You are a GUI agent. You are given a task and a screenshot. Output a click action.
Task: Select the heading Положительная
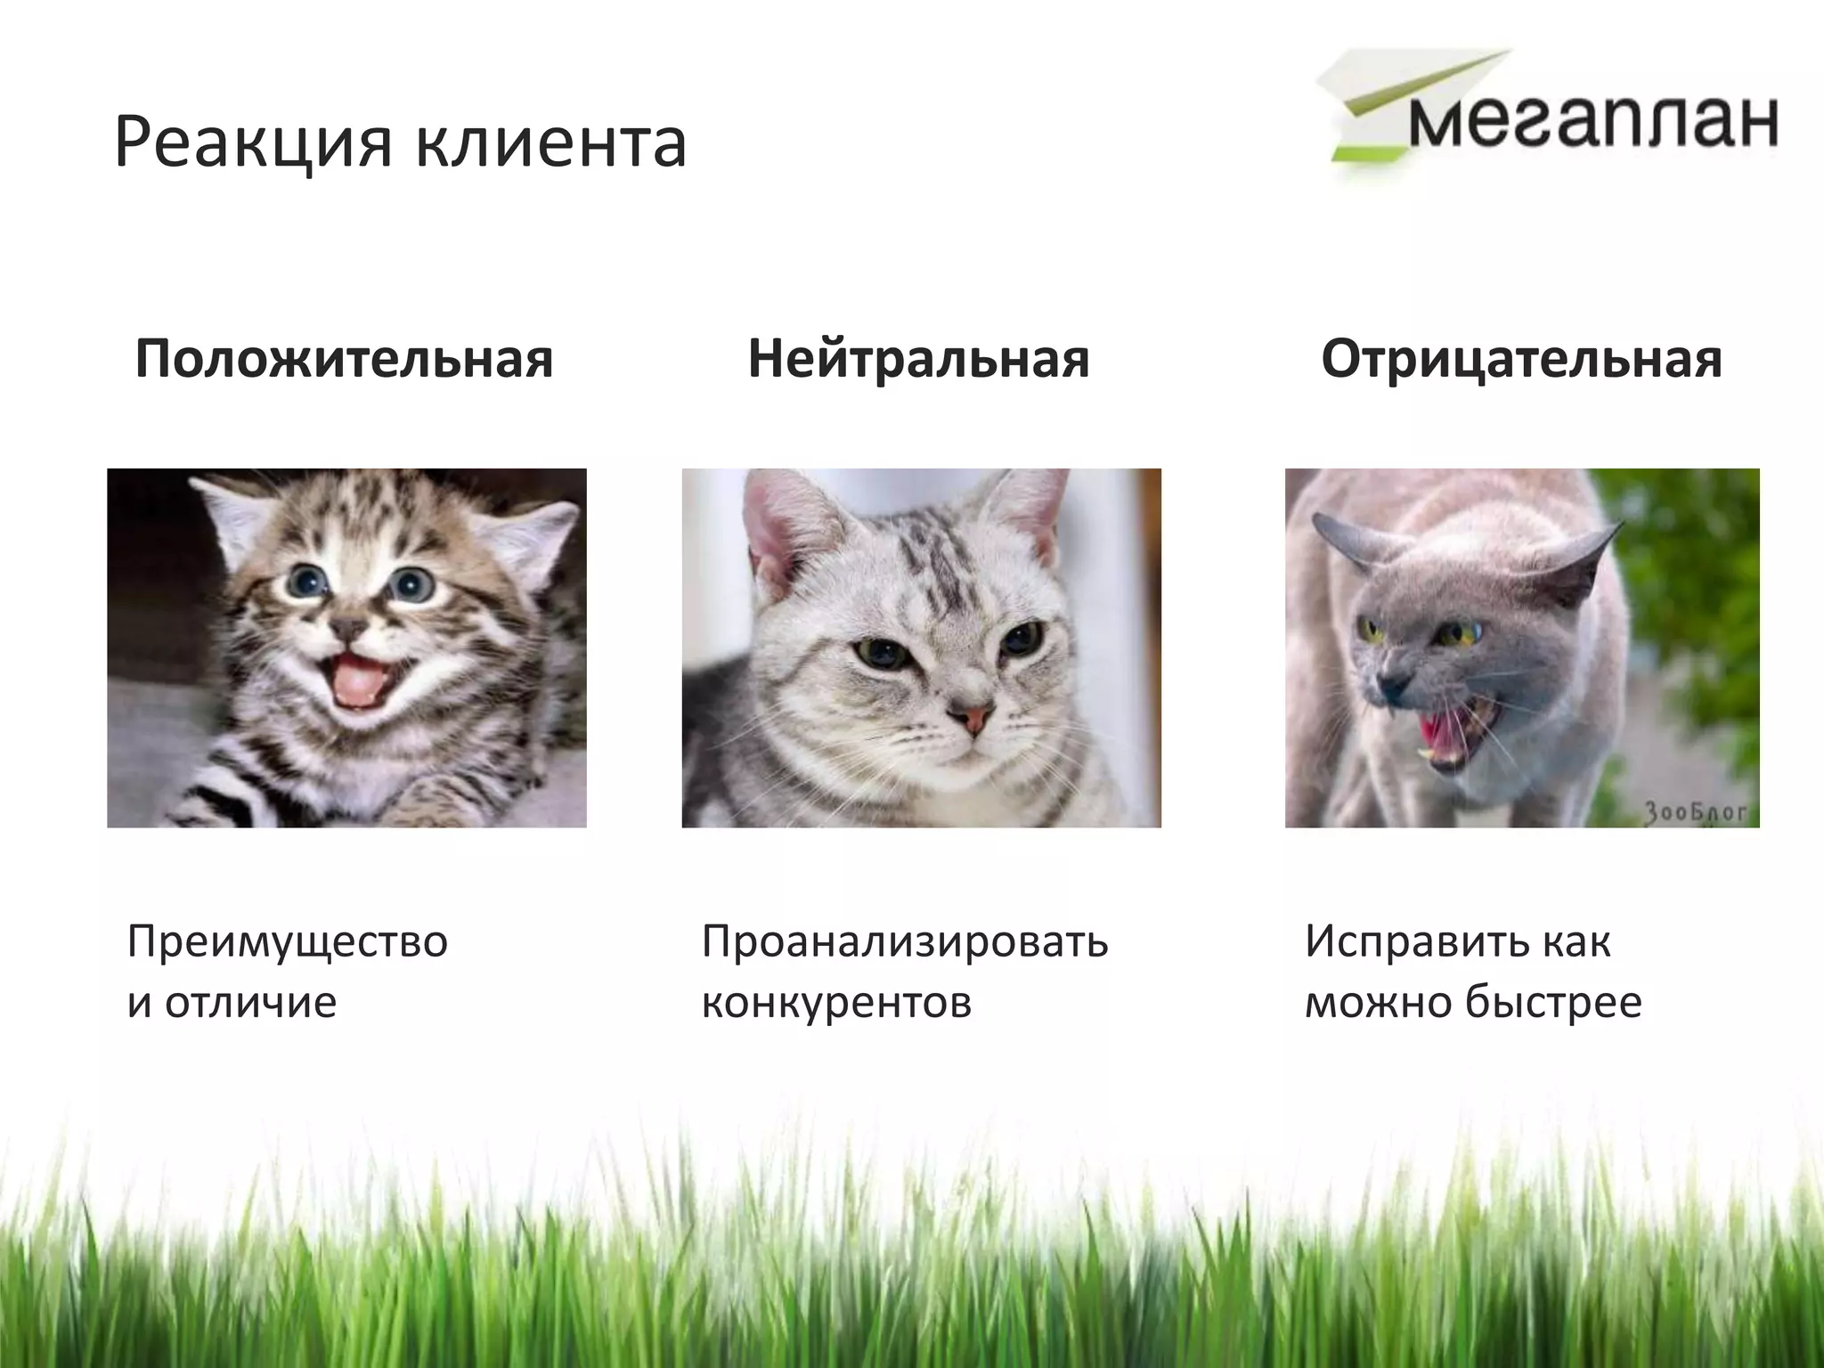point(345,359)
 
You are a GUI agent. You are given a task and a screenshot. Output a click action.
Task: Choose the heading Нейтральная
point(918,359)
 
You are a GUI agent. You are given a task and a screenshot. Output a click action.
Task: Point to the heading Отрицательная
point(1521,359)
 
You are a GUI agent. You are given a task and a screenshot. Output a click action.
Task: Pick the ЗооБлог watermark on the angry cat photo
point(1695,811)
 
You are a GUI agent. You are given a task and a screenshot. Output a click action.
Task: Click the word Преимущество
point(288,942)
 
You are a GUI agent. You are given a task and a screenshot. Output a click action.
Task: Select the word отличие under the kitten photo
point(250,1002)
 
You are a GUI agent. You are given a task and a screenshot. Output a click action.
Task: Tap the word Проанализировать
point(905,942)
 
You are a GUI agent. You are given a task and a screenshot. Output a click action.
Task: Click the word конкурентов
point(836,1002)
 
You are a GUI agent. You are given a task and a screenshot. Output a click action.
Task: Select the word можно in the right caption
point(1373,1002)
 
